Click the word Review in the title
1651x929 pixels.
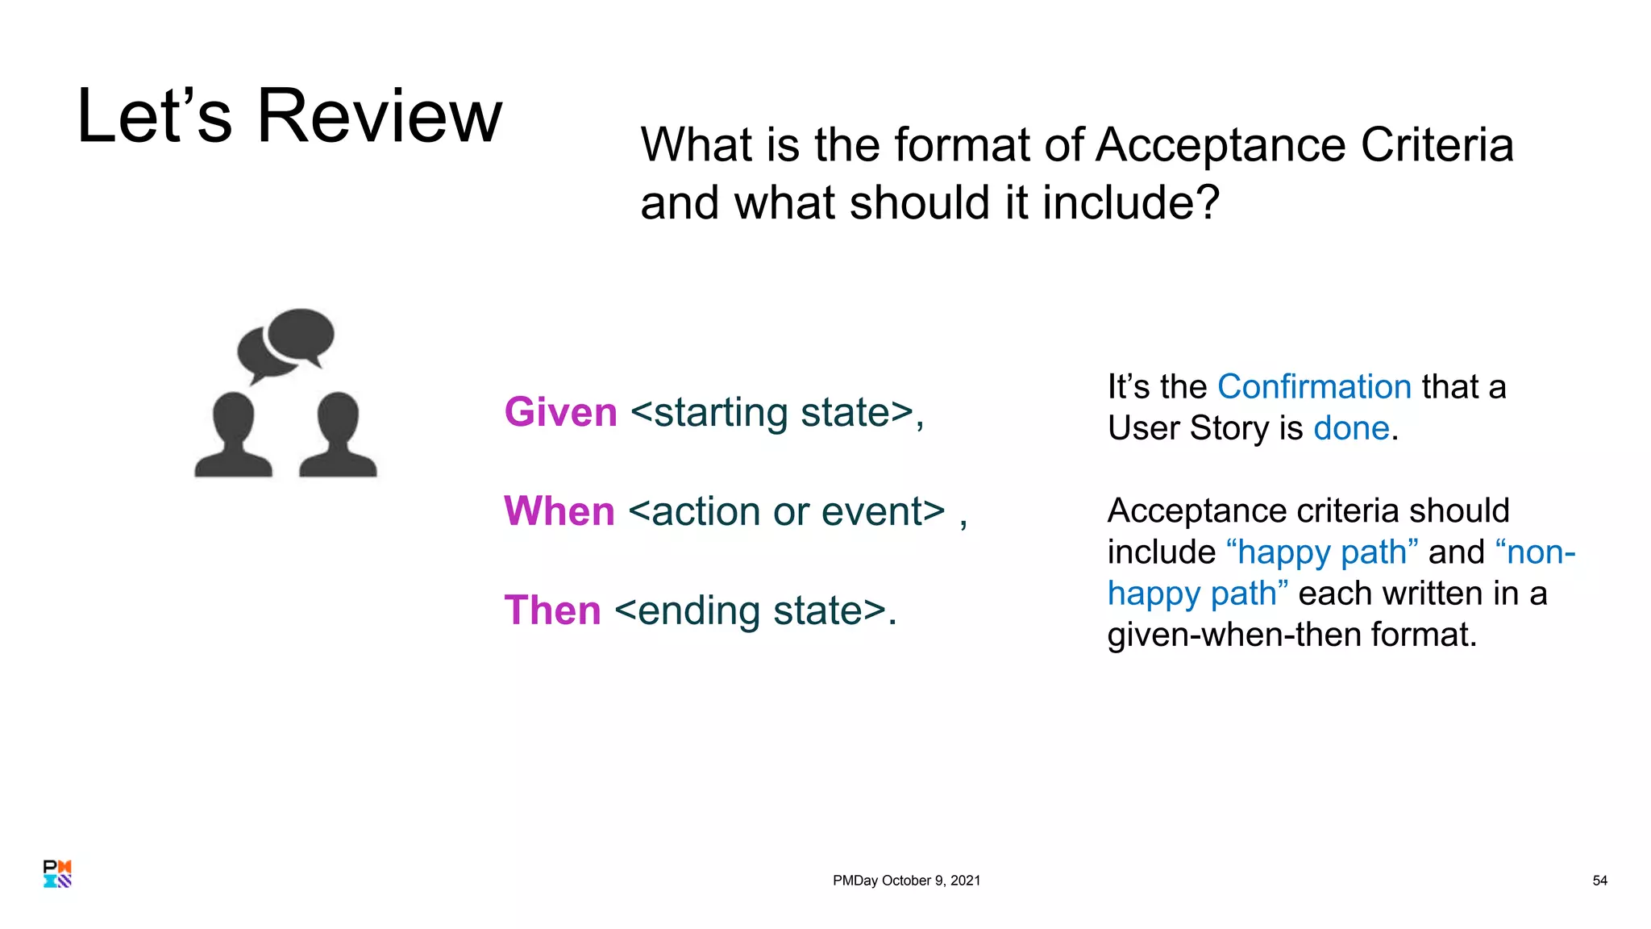(x=379, y=117)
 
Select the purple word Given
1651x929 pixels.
(x=560, y=412)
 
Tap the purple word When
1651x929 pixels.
(x=559, y=511)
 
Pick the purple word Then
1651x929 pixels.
(x=552, y=610)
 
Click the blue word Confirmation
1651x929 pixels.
(x=1314, y=387)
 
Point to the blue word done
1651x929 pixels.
(x=1351, y=428)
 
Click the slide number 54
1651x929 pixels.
(x=1599, y=881)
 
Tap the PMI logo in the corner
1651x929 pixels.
(x=57, y=873)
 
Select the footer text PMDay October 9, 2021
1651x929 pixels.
(x=906, y=881)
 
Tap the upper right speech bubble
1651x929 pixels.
(x=301, y=334)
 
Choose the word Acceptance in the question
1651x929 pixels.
(x=1220, y=145)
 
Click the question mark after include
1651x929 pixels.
(x=1207, y=202)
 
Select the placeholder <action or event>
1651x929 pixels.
(x=786, y=511)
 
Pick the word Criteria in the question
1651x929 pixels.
(x=1437, y=145)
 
